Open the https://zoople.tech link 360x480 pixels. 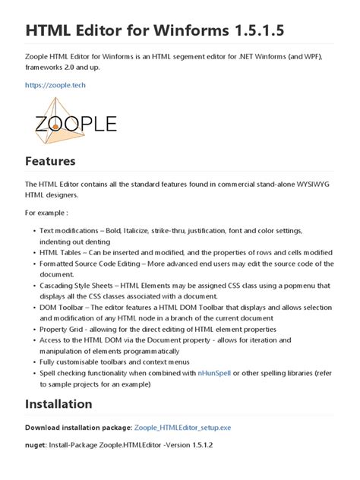[x=55, y=86]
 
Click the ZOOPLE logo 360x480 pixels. [x=74, y=123]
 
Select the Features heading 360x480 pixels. [x=50, y=162]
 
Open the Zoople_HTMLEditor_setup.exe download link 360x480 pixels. [x=194, y=428]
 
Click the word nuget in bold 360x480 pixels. [x=38, y=444]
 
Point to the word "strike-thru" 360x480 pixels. [x=185, y=230]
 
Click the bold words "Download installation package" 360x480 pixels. [x=78, y=428]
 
